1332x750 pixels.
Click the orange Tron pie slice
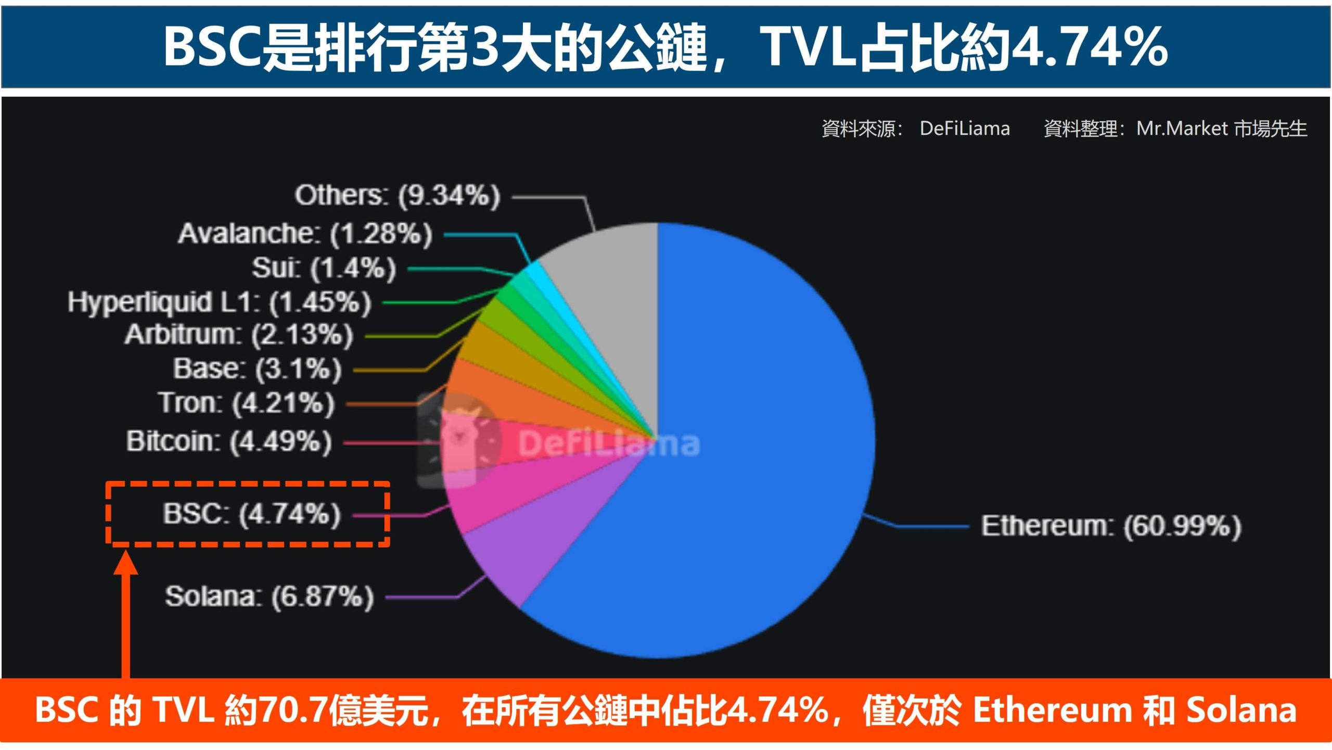(499, 396)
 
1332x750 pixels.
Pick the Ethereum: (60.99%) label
(1111, 526)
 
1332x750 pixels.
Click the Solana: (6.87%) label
(269, 596)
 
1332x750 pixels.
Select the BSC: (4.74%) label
(252, 514)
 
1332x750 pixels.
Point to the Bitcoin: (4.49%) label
(228, 441)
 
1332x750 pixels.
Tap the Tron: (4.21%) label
(246, 403)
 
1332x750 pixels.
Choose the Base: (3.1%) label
(257, 368)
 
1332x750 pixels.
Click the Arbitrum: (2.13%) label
(239, 334)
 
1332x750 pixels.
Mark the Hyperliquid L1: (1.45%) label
(219, 302)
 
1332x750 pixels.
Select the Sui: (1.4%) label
(324, 268)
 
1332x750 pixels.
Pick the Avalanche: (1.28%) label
(305, 234)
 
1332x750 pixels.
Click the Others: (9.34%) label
(397, 196)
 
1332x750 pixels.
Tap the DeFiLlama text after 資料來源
(964, 128)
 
